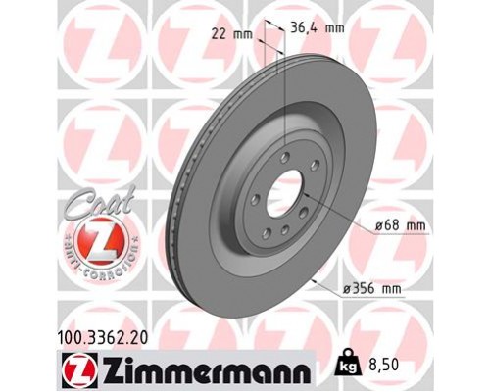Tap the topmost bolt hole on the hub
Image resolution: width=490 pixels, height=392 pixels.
(x=283, y=157)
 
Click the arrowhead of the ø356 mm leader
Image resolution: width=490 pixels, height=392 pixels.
(x=313, y=282)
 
